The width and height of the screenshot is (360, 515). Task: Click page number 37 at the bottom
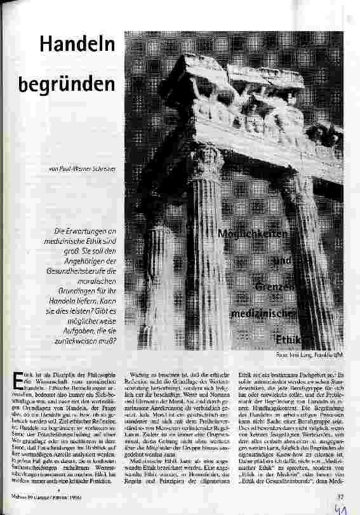pos(340,497)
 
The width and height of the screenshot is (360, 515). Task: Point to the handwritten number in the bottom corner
pos(343,508)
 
